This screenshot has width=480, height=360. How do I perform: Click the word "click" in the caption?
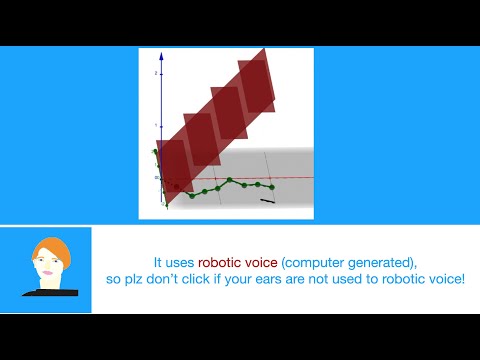pyautogui.click(x=205, y=277)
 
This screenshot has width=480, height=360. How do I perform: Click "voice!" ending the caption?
pyautogui.click(x=445, y=277)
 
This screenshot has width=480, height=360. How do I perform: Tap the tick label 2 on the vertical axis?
pyautogui.click(x=155, y=74)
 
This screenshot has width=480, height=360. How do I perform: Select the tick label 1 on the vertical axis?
pyautogui.click(x=155, y=126)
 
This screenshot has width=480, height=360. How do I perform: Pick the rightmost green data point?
pyautogui.click(x=272, y=187)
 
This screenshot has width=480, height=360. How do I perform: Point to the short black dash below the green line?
pyautogui.click(x=267, y=201)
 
